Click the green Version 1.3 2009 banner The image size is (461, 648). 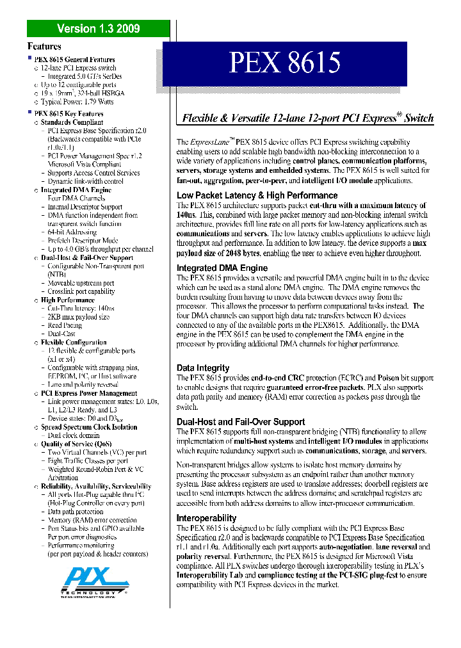click(98, 28)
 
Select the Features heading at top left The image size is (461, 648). click(44, 46)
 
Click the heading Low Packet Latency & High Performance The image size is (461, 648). click(257, 195)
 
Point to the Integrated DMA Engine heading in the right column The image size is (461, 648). click(222, 268)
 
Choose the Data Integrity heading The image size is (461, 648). click(203, 368)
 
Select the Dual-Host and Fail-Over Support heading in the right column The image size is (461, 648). click(241, 422)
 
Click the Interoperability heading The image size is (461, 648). click(206, 518)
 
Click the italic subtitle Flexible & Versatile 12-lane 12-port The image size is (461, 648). click(308, 118)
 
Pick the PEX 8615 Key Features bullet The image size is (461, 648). click(69, 113)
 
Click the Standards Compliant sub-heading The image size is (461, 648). click(72, 122)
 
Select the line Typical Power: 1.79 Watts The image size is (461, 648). click(77, 101)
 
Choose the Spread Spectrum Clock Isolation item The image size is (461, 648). click(89, 426)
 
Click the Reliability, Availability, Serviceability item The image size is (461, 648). click(96, 486)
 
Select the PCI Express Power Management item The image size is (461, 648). click(89, 393)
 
